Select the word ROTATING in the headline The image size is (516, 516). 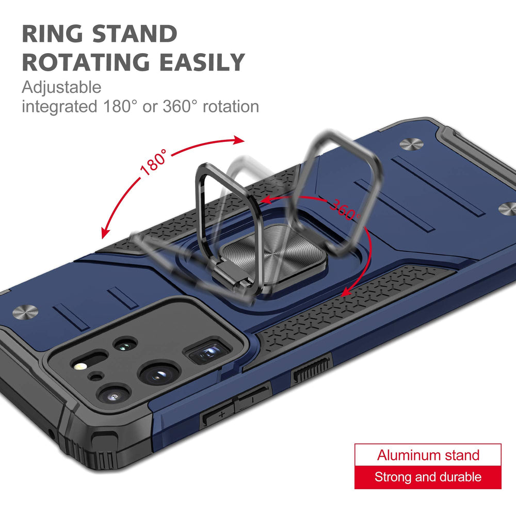point(86,62)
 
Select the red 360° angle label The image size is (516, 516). point(345,209)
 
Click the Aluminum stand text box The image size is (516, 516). point(428,455)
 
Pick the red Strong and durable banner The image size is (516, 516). point(428,477)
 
